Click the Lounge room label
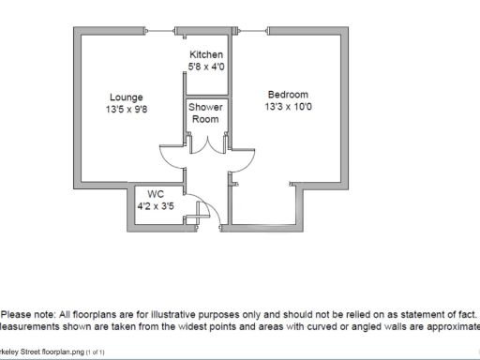125,97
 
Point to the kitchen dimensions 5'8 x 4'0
205,67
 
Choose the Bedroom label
288,94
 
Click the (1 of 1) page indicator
96,352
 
